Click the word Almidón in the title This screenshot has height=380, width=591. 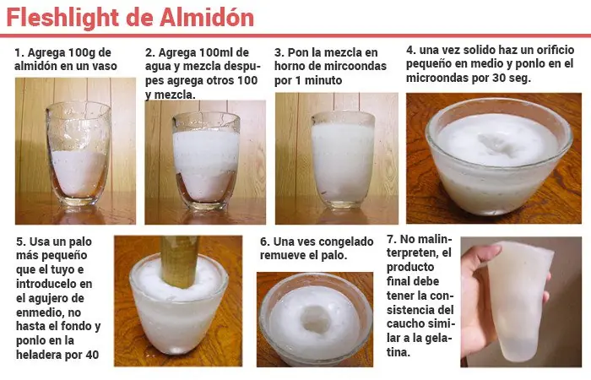[207, 18]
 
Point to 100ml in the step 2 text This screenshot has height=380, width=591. [217, 52]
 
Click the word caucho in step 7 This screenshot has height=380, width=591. [405, 324]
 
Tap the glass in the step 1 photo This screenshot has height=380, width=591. [78, 154]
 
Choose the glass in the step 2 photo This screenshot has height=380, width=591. [206, 160]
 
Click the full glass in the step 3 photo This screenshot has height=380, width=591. [343, 160]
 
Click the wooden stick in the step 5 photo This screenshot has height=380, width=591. [180, 260]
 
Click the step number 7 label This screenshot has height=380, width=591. [391, 239]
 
